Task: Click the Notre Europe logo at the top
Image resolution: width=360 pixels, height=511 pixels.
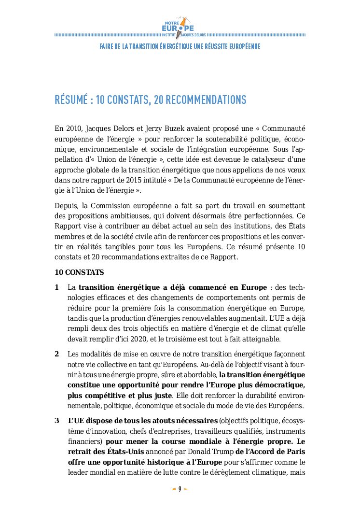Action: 179,25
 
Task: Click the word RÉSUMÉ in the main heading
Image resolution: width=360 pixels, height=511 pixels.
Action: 71,100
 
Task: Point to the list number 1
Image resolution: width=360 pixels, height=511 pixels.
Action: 57,287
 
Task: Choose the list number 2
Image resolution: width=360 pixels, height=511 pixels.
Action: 57,354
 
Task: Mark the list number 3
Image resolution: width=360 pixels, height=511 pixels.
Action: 57,420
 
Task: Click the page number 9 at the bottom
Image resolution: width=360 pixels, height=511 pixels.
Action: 180,489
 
